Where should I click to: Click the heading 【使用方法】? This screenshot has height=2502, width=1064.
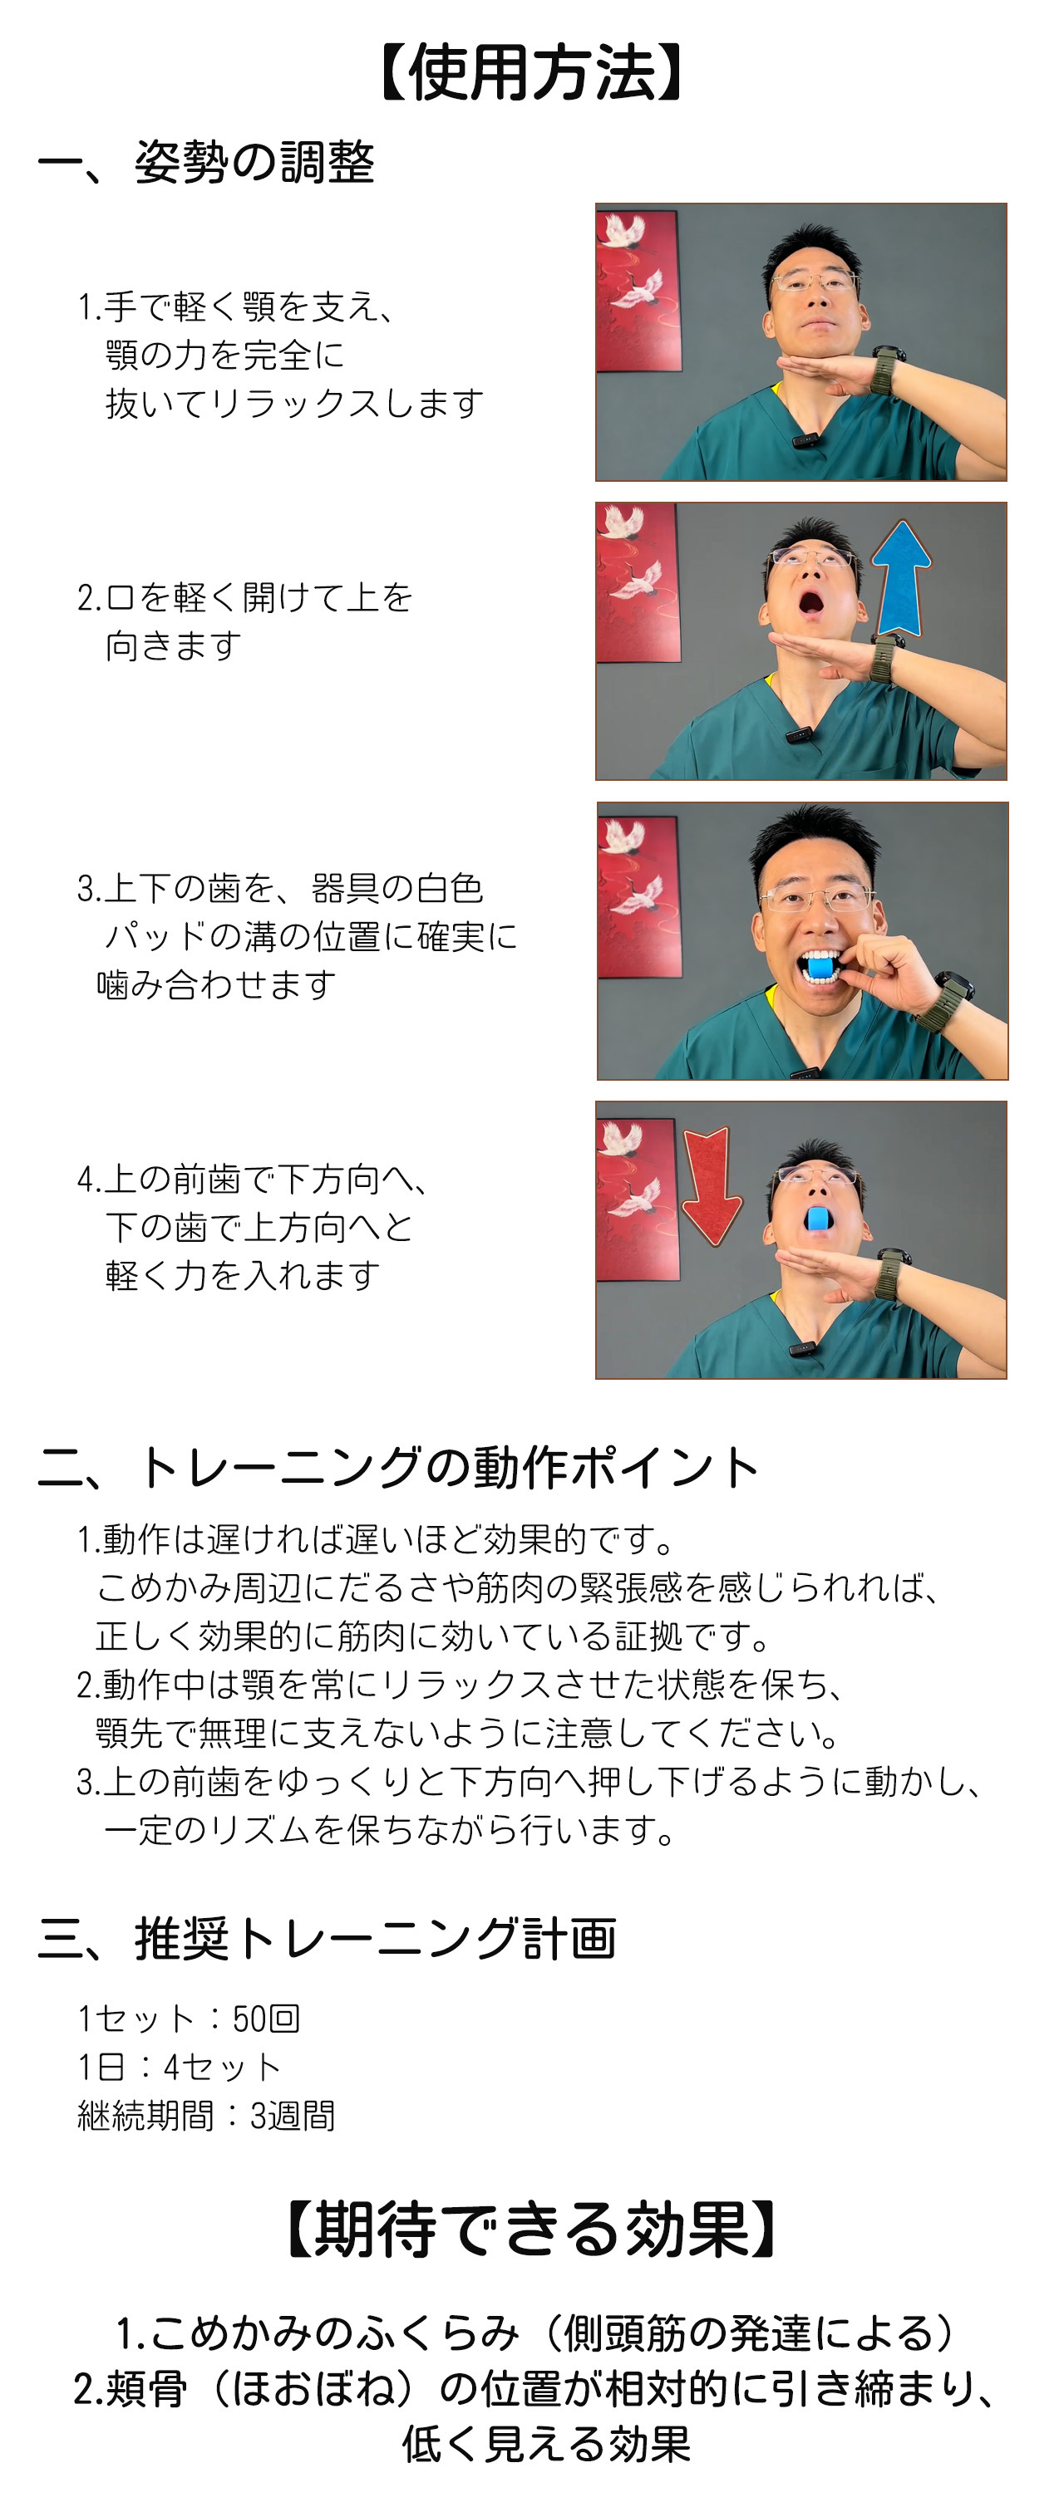pyautogui.click(x=531, y=74)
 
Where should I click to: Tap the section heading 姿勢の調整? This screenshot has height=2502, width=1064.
pyautogui.click(x=254, y=162)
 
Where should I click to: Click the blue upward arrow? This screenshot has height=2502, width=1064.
pyautogui.click(x=901, y=578)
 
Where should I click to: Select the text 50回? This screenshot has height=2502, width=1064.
pyautogui.click(x=266, y=2019)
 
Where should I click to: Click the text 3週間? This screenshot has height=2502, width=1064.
pyautogui.click(x=293, y=2116)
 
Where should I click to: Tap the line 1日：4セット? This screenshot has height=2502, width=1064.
pyautogui.click(x=180, y=2067)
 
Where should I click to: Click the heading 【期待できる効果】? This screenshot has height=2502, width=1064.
pyautogui.click(x=531, y=2229)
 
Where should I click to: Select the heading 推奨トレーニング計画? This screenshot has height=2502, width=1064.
pyautogui.click(x=375, y=1939)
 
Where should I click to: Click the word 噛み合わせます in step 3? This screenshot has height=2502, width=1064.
pyautogui.click(x=216, y=985)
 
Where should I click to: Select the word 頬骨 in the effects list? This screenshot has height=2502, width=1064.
pyautogui.click(x=145, y=2388)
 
